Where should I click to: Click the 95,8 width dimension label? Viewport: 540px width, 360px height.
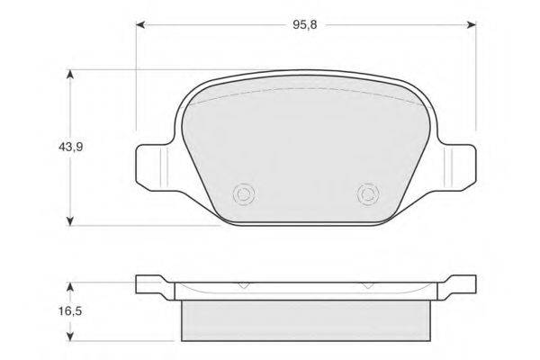click(x=305, y=25)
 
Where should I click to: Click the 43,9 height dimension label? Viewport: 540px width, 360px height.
click(x=70, y=147)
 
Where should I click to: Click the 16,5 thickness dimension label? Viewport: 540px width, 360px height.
click(x=70, y=311)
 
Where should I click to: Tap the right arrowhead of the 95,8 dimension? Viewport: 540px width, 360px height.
click(x=471, y=25)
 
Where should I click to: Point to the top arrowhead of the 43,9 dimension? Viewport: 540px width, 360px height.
click(x=70, y=76)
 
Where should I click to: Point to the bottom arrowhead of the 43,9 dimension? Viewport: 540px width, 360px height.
click(x=70, y=220)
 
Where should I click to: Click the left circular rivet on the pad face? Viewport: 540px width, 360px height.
click(x=244, y=194)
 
